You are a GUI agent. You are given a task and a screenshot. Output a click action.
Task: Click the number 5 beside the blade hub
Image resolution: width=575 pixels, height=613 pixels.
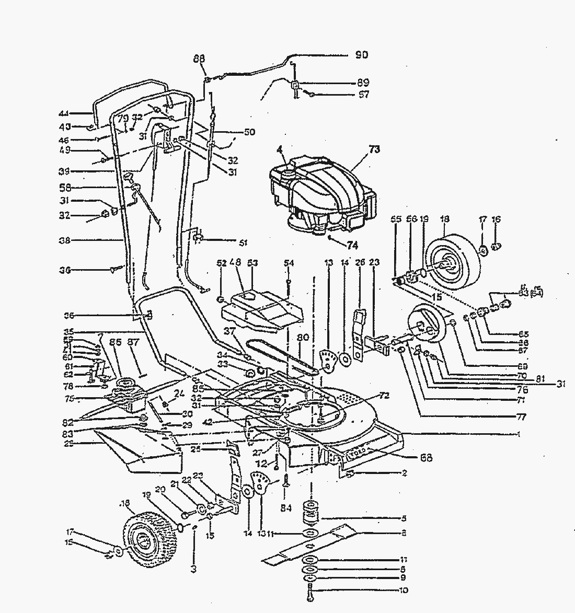coord(404,519)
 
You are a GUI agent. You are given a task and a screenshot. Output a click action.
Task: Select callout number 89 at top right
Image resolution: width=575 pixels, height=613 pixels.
coord(363,83)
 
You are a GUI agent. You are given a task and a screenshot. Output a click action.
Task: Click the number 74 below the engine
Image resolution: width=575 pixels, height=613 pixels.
coord(352,244)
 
